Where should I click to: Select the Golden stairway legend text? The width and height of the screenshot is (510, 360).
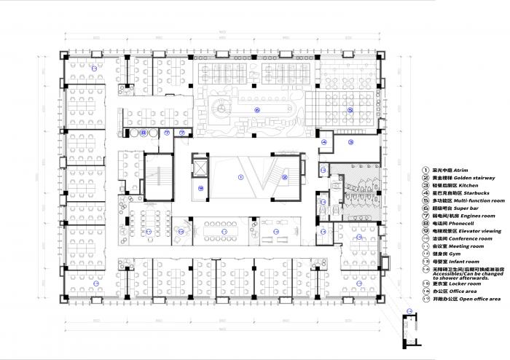[x=464, y=178]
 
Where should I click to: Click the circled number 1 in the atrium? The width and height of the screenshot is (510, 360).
[x=241, y=177]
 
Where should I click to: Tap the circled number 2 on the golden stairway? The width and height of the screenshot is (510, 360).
[x=286, y=177]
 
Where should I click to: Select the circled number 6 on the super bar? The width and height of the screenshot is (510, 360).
[x=256, y=109]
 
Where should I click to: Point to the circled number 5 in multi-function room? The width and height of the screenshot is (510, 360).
[x=350, y=110]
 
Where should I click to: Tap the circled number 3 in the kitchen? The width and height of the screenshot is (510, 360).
[x=350, y=142]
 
